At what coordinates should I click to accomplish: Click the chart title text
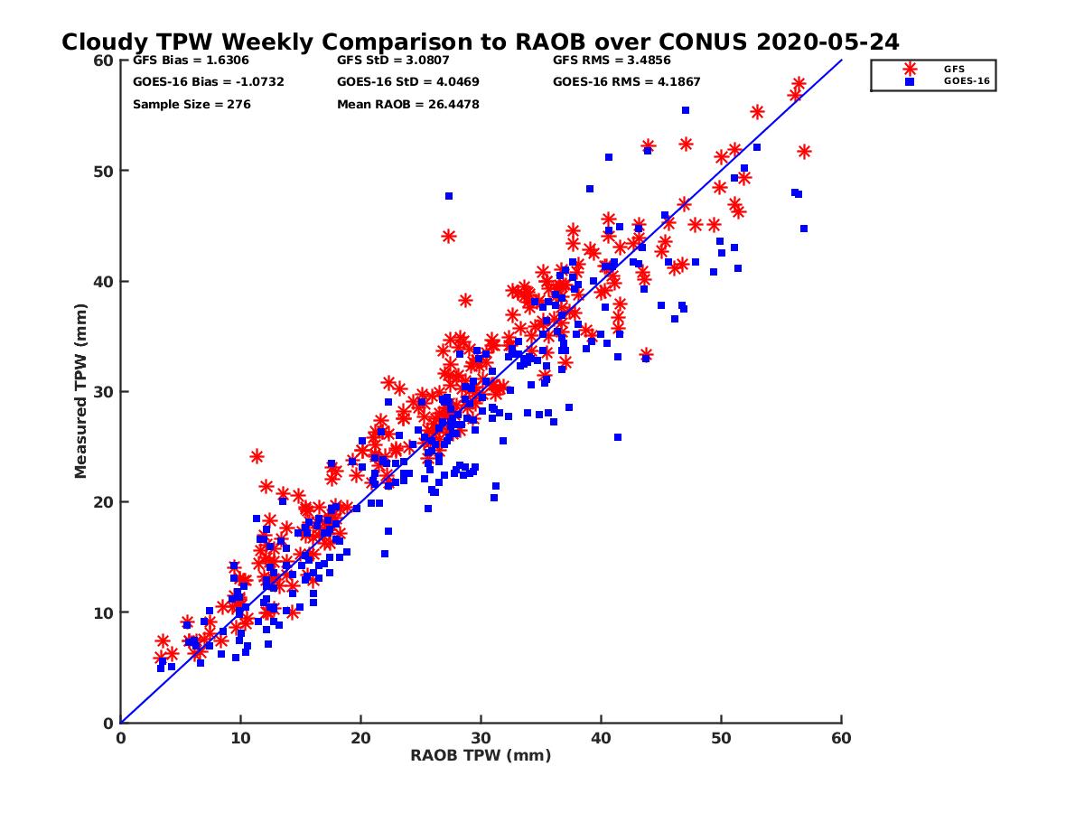(480, 42)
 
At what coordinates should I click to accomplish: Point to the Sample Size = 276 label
(192, 105)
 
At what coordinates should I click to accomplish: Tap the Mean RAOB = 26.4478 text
(407, 105)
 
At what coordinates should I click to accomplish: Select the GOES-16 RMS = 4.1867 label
(627, 82)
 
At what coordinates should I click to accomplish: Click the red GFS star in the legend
(910, 69)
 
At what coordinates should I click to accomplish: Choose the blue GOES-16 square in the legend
(910, 81)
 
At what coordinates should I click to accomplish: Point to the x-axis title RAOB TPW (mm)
(481, 756)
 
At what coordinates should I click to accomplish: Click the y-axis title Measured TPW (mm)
(81, 391)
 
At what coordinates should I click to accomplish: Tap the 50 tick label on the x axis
(722, 739)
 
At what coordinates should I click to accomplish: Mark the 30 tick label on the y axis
(105, 391)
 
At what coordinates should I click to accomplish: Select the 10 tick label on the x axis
(240, 739)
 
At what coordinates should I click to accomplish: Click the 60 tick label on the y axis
(105, 61)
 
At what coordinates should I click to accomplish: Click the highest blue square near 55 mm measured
(686, 110)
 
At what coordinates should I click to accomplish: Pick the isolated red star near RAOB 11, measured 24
(257, 456)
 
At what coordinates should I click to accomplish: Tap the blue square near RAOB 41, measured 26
(618, 437)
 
